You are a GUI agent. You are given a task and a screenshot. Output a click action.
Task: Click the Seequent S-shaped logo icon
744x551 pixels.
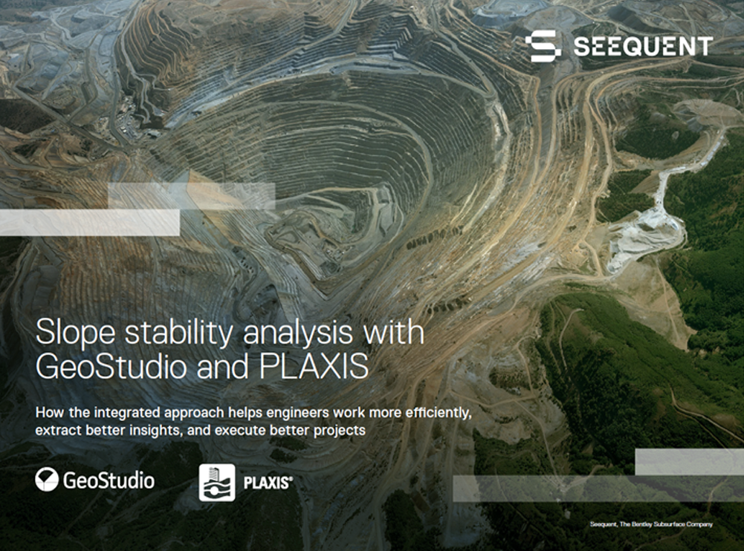[x=543, y=46]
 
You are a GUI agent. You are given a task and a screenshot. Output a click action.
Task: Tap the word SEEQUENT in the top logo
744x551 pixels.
[x=643, y=47]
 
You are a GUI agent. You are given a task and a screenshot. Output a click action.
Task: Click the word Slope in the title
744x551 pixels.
[x=76, y=333]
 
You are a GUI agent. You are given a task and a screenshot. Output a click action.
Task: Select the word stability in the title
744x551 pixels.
[x=179, y=333]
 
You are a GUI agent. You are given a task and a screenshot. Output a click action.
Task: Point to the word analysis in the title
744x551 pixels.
[x=299, y=333]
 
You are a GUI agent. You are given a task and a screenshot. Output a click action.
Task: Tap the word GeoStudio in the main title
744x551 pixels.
[x=111, y=367]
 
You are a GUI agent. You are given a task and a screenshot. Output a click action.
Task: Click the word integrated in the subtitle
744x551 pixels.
[x=125, y=413]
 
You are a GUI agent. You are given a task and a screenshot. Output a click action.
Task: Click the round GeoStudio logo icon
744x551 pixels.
[x=47, y=480]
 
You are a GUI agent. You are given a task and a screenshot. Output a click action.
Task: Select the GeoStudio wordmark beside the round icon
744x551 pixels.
[x=109, y=480]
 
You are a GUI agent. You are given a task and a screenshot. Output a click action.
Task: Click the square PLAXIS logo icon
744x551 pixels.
[x=217, y=483]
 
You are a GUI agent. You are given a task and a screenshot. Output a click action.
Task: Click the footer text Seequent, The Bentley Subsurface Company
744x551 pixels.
[x=652, y=524]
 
